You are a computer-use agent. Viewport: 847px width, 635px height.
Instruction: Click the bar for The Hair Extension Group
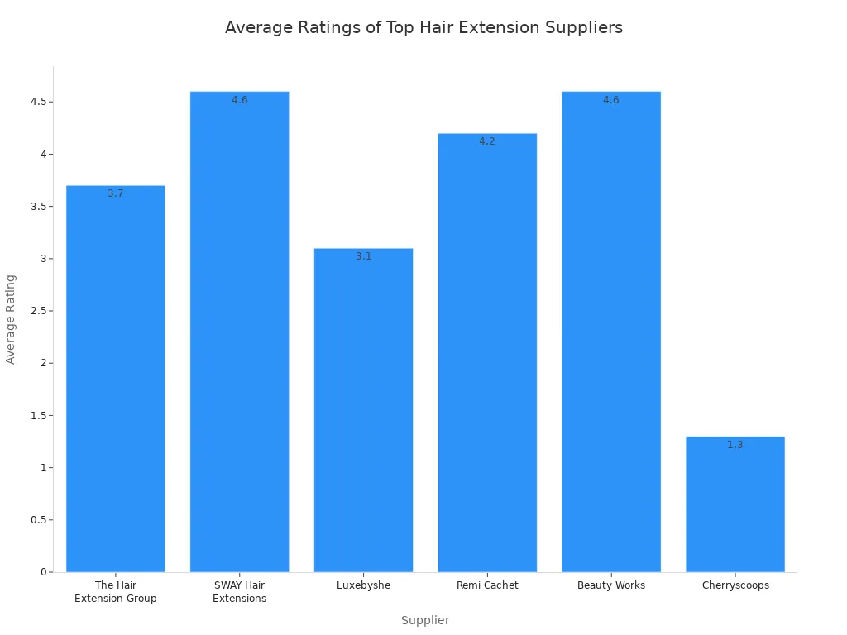point(116,380)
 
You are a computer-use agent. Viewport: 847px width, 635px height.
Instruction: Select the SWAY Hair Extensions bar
point(239,331)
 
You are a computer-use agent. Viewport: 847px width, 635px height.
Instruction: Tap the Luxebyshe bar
point(363,413)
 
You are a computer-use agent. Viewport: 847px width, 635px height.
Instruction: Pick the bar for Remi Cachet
point(487,356)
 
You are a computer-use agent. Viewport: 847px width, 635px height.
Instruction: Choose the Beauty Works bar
point(611,331)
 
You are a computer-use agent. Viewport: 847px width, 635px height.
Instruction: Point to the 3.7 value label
point(116,193)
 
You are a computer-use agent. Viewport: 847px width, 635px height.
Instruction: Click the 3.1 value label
point(363,256)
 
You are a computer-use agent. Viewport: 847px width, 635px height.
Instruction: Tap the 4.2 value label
point(487,141)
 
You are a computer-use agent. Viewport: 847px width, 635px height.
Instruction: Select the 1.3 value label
point(735,445)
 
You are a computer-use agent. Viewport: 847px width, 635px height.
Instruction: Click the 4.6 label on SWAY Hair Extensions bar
point(239,100)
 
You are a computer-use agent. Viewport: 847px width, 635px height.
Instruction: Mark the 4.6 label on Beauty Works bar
point(611,100)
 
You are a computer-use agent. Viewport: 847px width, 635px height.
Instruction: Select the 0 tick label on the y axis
point(44,572)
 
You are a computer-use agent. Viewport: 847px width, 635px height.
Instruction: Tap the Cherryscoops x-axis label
point(735,585)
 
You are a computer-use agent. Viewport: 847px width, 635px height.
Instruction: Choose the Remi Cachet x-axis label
point(487,585)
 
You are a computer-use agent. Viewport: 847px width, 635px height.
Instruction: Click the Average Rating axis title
point(11,319)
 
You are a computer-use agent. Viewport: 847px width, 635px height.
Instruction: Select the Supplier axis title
point(425,620)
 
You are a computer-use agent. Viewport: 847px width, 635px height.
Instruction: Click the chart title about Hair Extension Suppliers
point(423,27)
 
